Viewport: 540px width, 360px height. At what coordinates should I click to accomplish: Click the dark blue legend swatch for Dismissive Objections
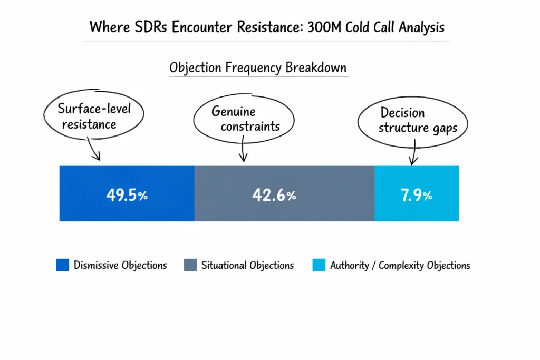62,265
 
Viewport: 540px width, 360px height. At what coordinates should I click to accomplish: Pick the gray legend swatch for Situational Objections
190,265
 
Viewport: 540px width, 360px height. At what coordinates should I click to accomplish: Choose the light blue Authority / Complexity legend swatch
319,265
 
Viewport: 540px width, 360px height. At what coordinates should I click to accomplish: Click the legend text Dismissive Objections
120,265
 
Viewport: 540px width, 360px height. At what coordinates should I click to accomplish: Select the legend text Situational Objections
247,265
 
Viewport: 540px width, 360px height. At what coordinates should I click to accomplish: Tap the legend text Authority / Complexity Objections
400,265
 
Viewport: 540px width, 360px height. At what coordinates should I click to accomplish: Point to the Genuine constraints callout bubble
242,119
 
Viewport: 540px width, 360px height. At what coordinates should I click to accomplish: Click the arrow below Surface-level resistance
95,151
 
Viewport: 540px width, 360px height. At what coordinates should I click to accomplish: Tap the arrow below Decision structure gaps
413,154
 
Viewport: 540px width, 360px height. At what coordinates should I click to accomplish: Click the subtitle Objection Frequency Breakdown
258,68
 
